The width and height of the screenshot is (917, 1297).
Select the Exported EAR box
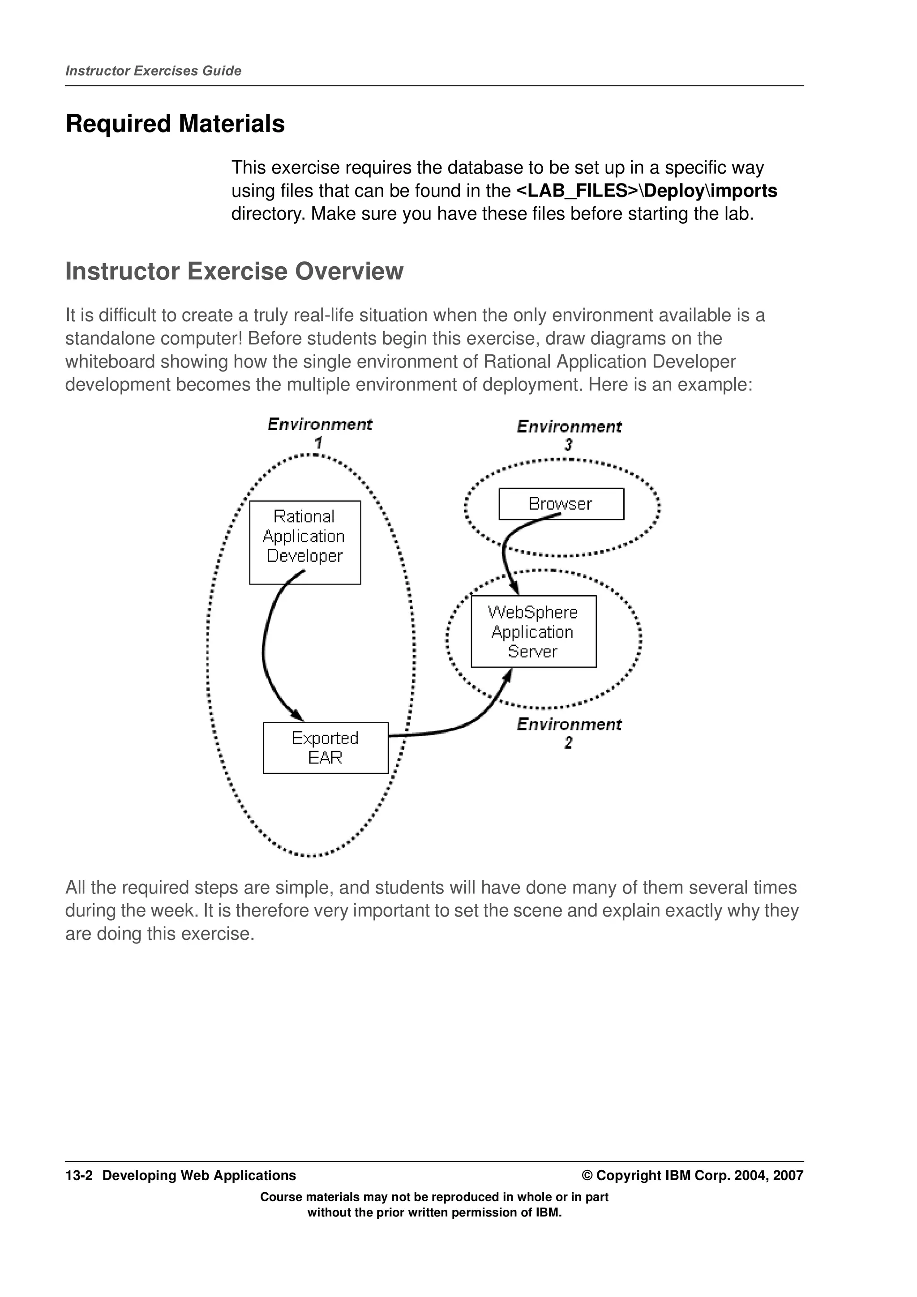coord(326,747)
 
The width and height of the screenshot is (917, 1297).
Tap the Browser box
coord(561,503)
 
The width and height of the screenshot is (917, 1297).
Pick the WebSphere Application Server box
coord(533,631)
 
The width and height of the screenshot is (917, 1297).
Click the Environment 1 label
coord(319,432)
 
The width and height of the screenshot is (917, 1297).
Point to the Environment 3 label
coord(569,435)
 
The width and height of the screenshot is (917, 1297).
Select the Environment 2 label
coord(569,732)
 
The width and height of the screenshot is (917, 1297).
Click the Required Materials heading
coord(175,124)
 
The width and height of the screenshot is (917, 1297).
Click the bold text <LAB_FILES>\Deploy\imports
coord(647,191)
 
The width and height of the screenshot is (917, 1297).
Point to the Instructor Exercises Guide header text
coord(153,71)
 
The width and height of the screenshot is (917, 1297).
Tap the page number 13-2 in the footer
coord(78,1176)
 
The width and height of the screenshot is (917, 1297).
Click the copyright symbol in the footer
coord(587,1176)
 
